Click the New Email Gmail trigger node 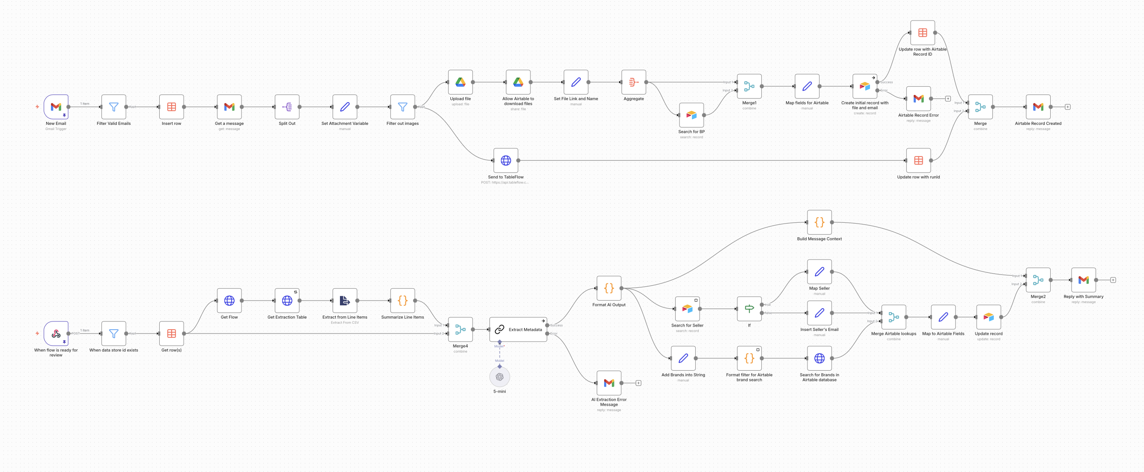(56, 107)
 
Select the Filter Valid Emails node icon (114, 107)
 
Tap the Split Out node (287, 107)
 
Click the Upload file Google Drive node (460, 82)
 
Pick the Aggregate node (633, 82)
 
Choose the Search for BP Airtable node (691, 115)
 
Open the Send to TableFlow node (505, 161)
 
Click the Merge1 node (749, 86)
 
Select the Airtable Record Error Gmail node (918, 98)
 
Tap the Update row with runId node (918, 161)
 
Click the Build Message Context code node (819, 222)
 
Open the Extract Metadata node (518, 330)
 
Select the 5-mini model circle (500, 377)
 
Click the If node (749, 309)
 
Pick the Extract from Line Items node (345, 301)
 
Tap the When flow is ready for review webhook (56, 333)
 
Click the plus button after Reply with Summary (1113, 280)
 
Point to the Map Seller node (819, 271)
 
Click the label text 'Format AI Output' (609, 305)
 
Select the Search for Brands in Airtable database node (819, 358)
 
